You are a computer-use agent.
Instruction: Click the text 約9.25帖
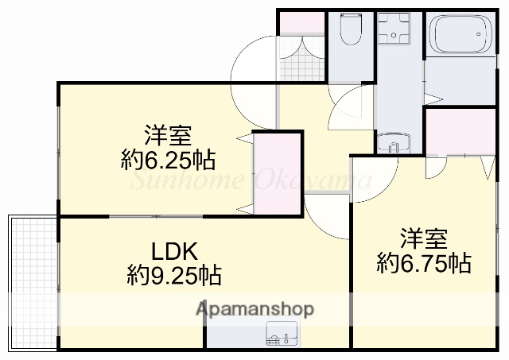click(x=174, y=276)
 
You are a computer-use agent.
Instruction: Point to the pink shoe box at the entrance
click(x=301, y=21)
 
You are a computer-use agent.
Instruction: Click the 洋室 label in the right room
click(x=422, y=238)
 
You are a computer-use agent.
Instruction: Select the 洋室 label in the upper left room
click(x=166, y=135)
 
